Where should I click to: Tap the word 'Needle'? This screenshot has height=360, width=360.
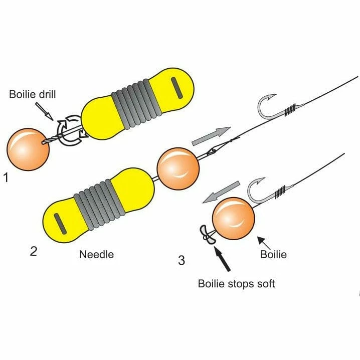click(x=97, y=254)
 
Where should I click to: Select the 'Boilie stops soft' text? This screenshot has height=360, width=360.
click(x=236, y=284)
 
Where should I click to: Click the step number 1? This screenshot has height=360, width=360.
click(x=7, y=177)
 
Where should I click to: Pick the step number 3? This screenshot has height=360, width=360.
click(x=181, y=260)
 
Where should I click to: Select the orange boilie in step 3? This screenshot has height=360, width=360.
click(x=234, y=219)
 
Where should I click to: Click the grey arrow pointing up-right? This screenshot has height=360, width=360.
click(x=211, y=135)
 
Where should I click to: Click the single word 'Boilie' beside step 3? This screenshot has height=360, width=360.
click(x=273, y=254)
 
